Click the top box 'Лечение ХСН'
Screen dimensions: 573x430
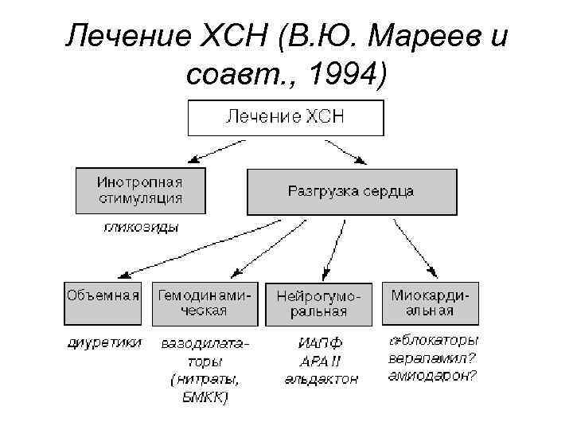(x=285, y=117)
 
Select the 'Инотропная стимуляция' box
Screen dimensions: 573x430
(x=140, y=190)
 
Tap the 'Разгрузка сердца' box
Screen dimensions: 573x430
(x=351, y=191)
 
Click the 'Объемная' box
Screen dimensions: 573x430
(x=103, y=303)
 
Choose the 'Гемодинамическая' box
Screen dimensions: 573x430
(x=205, y=303)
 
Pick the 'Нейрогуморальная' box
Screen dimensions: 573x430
(x=318, y=303)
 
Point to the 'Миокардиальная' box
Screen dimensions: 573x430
(x=431, y=303)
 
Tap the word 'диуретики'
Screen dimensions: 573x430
(x=103, y=342)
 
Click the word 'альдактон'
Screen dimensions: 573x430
(x=322, y=380)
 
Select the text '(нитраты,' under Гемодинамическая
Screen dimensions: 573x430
(x=205, y=379)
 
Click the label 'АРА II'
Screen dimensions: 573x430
(x=321, y=362)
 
